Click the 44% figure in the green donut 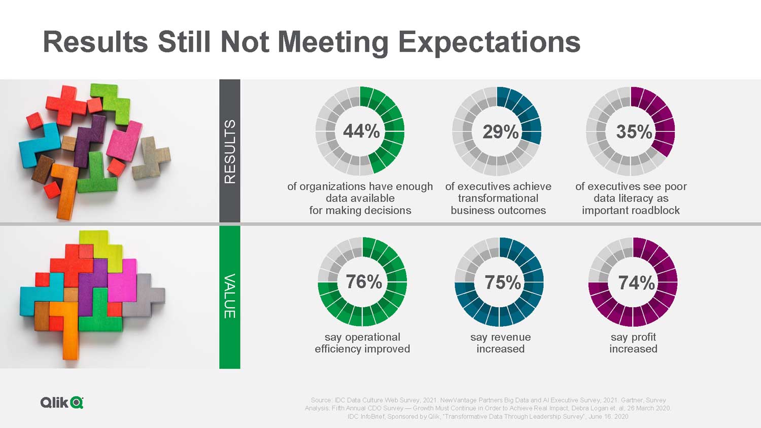coord(361,132)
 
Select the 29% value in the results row coord(500,132)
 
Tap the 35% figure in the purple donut coord(634,132)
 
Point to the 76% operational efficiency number coord(364,282)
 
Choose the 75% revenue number coord(502,282)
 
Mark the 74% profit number coord(636,282)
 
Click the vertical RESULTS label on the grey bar coord(230,152)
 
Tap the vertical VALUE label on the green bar coord(230,296)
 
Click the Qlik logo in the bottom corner coord(62,403)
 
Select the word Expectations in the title coord(489,42)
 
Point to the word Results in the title coord(95,42)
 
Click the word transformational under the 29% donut coord(498,198)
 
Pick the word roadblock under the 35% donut coord(655,210)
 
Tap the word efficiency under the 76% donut coord(339,349)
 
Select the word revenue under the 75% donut coord(510,337)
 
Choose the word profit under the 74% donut coord(643,337)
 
